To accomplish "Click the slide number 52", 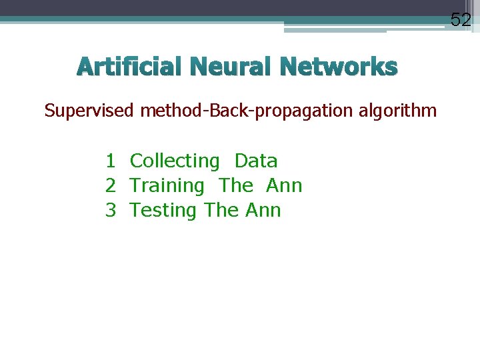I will (x=461, y=20).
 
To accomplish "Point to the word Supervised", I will (x=89, y=111).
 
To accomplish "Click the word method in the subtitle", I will (x=173, y=111).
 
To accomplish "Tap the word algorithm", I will (x=398, y=111).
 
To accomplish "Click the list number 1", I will (x=111, y=161).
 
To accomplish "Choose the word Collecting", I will (x=174, y=161).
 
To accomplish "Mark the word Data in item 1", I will (x=256, y=161).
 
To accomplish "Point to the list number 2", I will (x=111, y=186).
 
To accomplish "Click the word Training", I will (x=167, y=186).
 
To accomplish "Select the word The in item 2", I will (x=236, y=186).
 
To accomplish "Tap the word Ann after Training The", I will (x=284, y=186).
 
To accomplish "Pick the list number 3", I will (x=111, y=211).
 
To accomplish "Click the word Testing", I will (x=163, y=211).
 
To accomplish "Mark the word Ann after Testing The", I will (x=263, y=211).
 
